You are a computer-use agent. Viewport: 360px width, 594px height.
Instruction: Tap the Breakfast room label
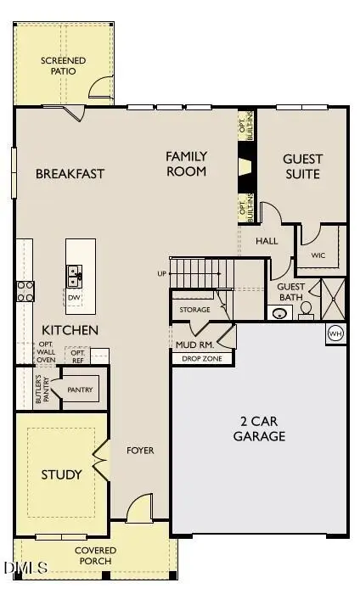tap(70, 174)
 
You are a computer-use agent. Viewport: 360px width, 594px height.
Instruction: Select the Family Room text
tap(186, 164)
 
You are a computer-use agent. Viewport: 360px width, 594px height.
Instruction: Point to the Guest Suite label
tap(302, 166)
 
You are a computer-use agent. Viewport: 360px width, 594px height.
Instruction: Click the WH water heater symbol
tap(335, 332)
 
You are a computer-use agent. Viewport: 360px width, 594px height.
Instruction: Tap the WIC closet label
tap(318, 255)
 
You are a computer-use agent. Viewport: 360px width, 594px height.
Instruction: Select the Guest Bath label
tap(291, 292)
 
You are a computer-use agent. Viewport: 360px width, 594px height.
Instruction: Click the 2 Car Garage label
tap(259, 429)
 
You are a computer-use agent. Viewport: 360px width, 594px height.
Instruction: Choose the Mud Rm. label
tap(194, 345)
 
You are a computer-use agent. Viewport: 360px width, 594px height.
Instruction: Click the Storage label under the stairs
tap(194, 310)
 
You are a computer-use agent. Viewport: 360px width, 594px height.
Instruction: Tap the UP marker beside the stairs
tap(162, 274)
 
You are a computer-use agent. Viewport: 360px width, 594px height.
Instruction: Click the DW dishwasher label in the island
tap(75, 298)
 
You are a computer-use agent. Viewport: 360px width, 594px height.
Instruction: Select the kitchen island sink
tap(75, 274)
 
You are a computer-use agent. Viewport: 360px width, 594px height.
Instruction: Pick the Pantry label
tap(80, 390)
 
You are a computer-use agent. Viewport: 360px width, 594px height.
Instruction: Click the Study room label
tap(62, 474)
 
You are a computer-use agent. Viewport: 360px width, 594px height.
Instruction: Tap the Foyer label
tap(140, 451)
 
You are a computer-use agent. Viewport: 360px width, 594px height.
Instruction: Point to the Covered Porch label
tap(98, 556)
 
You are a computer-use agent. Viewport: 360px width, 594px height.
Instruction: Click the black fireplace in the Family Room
tap(245, 166)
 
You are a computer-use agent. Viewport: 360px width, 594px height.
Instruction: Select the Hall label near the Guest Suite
tap(267, 241)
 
